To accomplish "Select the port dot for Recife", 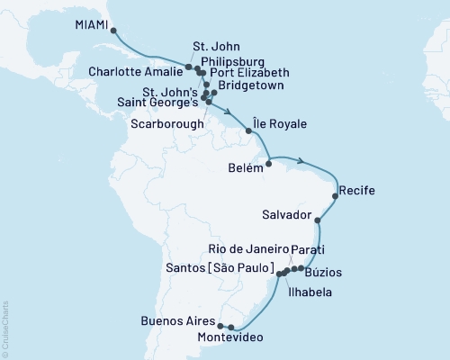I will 336,195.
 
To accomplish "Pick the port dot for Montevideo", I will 231,328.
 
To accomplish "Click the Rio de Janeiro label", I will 247,248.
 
